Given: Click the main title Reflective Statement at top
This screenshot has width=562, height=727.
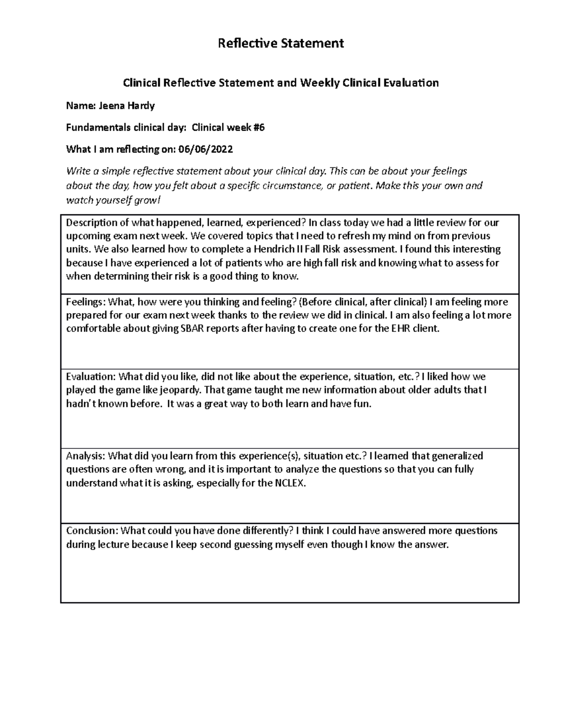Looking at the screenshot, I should pos(281,44).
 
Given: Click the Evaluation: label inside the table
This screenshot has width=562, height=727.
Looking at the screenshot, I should pos(90,377).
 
